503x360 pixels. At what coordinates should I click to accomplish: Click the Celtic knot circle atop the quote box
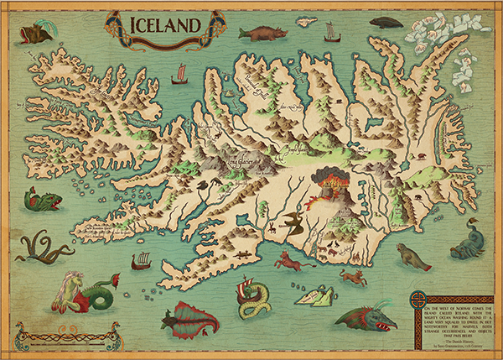click(417, 300)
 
